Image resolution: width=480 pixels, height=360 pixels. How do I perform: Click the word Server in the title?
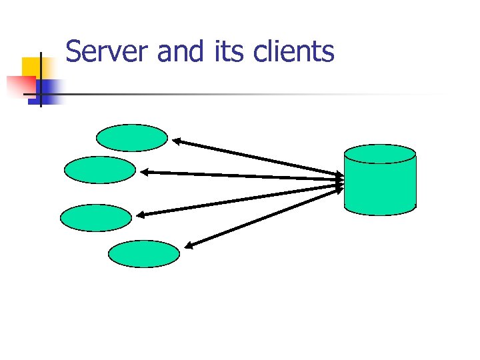coord(108,51)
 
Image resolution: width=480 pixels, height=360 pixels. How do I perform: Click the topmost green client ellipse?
coord(132,138)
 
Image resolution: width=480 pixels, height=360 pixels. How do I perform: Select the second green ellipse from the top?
coord(100,170)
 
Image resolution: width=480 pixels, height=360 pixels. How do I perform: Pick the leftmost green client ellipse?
coord(96,217)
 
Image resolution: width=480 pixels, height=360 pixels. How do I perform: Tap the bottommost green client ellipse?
coord(144,254)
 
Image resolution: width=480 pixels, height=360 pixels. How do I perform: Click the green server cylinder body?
coord(380,187)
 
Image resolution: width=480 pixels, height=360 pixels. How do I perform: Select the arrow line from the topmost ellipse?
coord(260,159)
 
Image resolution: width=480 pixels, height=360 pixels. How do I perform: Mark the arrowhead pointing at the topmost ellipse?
coord(177,141)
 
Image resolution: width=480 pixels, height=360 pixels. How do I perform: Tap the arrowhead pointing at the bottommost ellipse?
coord(189,247)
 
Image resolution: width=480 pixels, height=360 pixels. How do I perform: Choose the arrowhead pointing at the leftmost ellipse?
coord(140,215)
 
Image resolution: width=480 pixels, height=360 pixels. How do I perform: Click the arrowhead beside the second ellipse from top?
coord(145,172)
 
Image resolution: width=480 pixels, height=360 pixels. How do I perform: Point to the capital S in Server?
coord(74,51)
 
